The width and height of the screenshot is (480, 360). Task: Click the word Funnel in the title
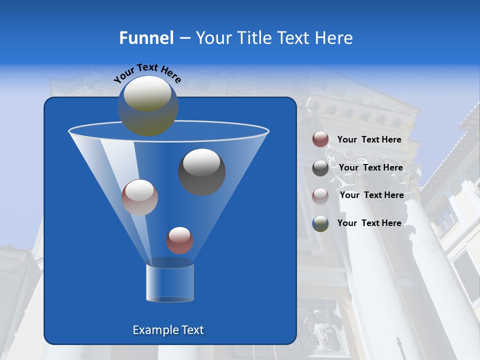146,38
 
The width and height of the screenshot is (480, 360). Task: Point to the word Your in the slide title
212,38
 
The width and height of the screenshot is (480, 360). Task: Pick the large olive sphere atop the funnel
147,105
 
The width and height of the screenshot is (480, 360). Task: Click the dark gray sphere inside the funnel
201,172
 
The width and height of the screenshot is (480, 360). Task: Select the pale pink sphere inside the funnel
139,197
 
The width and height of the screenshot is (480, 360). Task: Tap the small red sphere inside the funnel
179,240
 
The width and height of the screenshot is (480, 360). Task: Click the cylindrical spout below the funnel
169,282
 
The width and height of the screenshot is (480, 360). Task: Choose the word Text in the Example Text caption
192,330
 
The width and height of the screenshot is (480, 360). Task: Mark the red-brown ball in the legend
320,139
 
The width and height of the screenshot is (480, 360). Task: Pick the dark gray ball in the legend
320,168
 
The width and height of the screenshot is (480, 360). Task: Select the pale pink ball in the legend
320,195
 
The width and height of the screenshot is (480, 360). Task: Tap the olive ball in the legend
320,223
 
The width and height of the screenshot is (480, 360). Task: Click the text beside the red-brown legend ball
369,139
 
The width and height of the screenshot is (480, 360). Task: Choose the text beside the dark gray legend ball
370,167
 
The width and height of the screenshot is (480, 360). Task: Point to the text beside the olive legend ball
369,223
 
